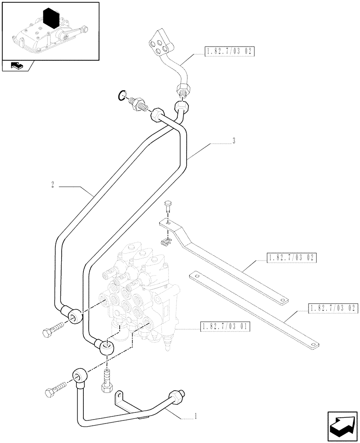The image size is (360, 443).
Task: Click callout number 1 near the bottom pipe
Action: (196, 417)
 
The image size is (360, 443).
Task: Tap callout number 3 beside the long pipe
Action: (233, 141)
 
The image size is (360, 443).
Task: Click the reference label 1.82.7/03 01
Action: (225, 327)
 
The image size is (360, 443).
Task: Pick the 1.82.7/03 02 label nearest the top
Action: (229, 52)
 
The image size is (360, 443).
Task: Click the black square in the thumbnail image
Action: (51, 19)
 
